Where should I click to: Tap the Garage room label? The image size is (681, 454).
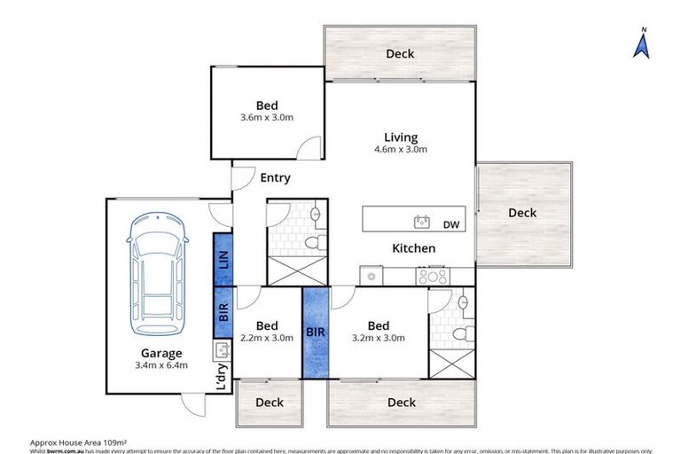tap(160, 352)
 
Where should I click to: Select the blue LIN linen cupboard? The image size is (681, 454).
tap(223, 259)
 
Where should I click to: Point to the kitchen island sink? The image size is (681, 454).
tap(421, 221)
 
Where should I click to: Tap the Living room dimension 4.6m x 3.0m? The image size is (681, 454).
tap(401, 149)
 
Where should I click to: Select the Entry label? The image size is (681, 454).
tap(275, 177)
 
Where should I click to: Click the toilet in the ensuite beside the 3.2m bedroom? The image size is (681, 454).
tap(458, 333)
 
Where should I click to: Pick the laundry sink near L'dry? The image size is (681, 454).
tap(221, 348)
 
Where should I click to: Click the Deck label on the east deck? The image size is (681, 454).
tap(522, 213)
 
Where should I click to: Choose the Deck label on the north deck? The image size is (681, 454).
tap(400, 54)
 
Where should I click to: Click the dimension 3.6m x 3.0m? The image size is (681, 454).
tap(267, 117)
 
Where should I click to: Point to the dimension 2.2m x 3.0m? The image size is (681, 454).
tap(267, 338)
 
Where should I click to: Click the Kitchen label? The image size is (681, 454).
tap(414, 248)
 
